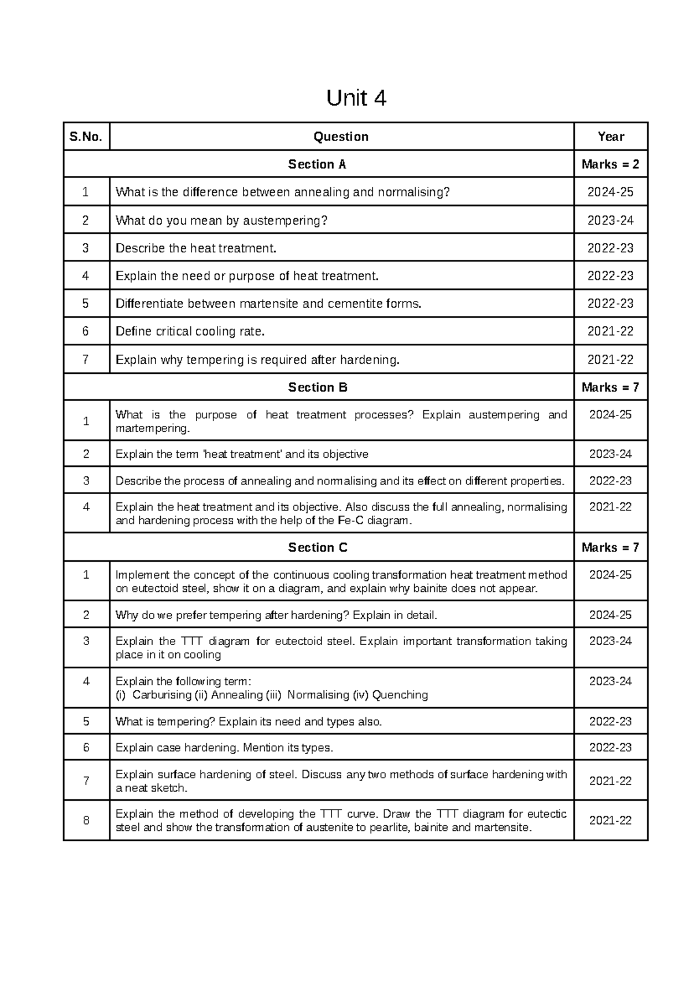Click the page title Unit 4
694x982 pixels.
coord(356,98)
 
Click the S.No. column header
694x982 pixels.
coord(86,137)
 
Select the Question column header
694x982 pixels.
coord(341,137)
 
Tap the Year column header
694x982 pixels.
coord(611,137)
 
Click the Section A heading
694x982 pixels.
coord(317,164)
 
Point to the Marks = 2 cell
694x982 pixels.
coord(610,164)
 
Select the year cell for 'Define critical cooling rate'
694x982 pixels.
coord(610,332)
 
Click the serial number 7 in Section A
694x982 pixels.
coord(86,359)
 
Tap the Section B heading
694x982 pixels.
coord(318,387)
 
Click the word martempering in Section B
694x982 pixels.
coord(152,429)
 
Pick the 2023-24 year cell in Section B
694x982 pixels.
coord(610,454)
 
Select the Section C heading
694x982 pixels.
coord(318,547)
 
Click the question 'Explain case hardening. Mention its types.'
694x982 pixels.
coord(224,748)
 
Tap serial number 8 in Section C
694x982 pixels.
coord(86,820)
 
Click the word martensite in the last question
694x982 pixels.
coord(501,827)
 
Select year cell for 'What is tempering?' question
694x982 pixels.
coord(610,722)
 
